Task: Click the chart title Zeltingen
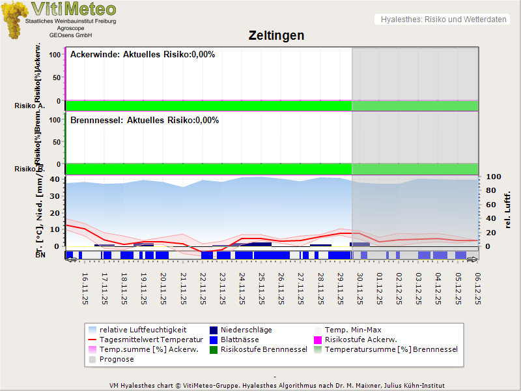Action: coord(276,35)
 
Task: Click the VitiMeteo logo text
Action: coord(74,9)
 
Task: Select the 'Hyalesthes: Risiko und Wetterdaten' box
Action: coord(443,20)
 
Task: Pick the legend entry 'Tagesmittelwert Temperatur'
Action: coord(145,340)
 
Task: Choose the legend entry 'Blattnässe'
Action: coord(240,340)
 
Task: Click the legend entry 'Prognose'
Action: coord(117,359)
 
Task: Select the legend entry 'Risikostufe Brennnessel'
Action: coord(264,349)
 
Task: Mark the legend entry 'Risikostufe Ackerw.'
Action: coord(361,340)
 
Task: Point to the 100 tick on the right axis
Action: coord(493,177)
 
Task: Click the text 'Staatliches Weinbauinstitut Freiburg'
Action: coord(70,22)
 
